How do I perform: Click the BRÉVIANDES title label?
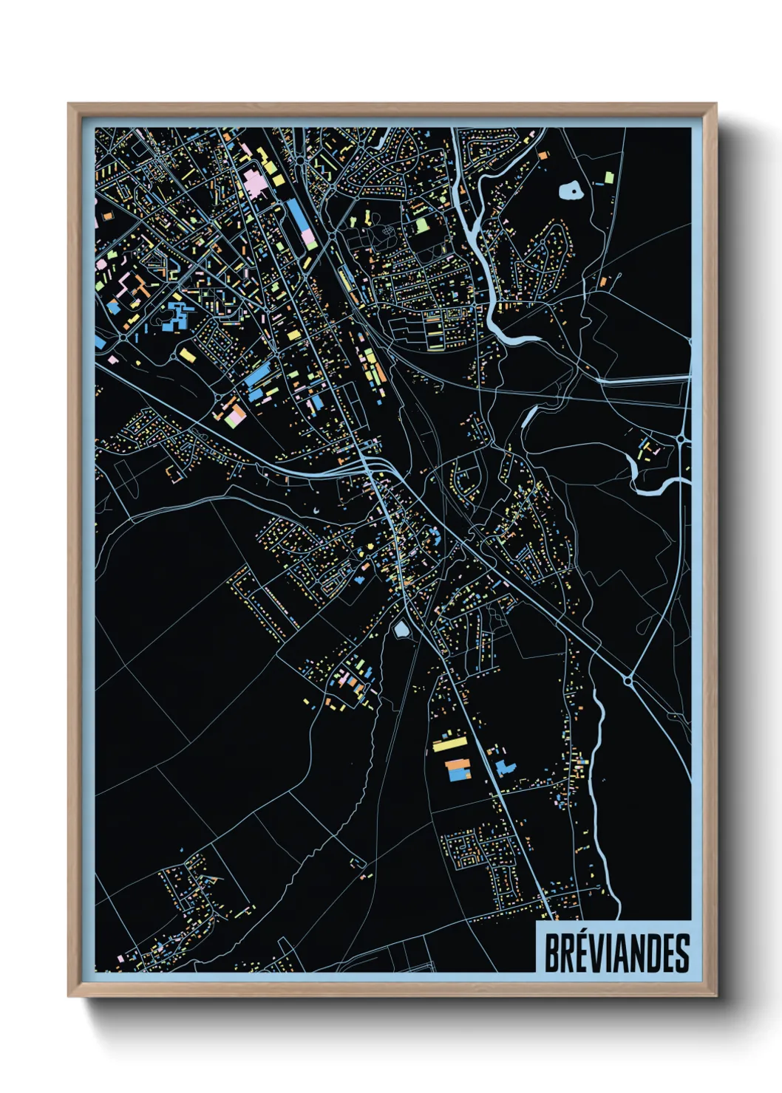pos(616,953)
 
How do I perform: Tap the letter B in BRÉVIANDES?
pos(552,953)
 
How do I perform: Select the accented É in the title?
pos(581,952)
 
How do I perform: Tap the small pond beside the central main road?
pos(401,629)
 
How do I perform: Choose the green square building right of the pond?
pos(608,177)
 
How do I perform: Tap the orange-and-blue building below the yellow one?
pos(459,768)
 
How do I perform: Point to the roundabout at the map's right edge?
pos(680,439)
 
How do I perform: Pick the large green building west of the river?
pos(421,224)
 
